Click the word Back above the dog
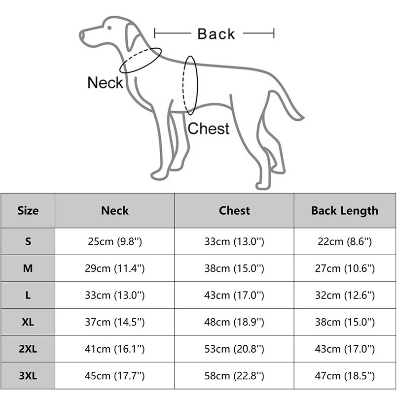point(216,34)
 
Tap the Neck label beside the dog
point(105,82)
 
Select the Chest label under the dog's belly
point(209,129)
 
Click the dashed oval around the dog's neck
point(141,61)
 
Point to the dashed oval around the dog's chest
point(190,85)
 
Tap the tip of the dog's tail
point(302,118)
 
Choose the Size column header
point(28,211)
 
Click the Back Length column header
point(344,211)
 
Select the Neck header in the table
point(114,211)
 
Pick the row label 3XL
point(28,376)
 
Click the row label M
point(28,268)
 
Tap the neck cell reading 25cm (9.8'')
point(114,242)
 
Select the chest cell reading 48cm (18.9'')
point(234,322)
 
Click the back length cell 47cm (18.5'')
point(344,376)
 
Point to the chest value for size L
point(234,295)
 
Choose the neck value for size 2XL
point(114,349)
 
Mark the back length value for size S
point(344,242)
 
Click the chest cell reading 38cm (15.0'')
point(234,268)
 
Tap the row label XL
point(28,322)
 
